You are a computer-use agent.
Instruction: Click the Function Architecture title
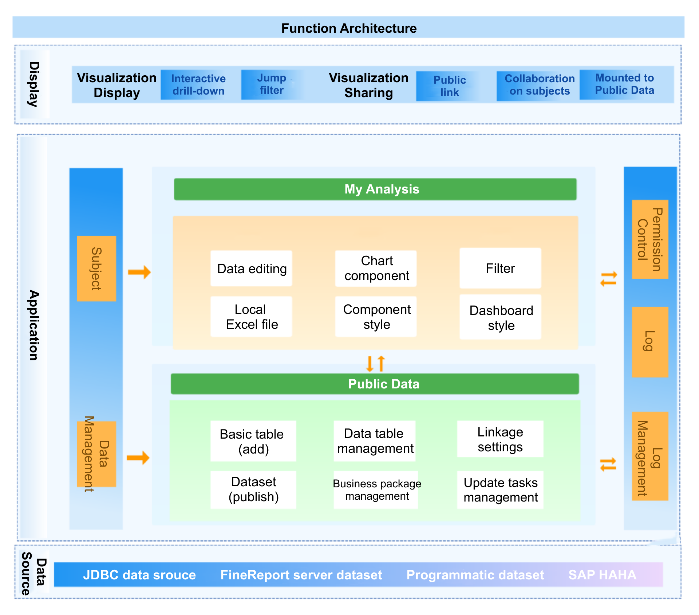coord(349,28)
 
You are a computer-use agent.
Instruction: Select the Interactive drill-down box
coord(198,85)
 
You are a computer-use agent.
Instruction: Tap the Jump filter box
coord(272,84)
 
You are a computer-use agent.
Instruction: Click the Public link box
coord(449,86)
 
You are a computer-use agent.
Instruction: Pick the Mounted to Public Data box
coord(624,84)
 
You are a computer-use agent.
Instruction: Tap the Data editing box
coord(251,268)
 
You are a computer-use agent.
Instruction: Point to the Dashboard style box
coord(501,318)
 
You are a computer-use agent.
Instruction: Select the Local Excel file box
coord(251,317)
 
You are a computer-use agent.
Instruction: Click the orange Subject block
coord(96,268)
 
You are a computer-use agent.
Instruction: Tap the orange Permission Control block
coord(650,239)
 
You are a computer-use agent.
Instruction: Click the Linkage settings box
coord(500,439)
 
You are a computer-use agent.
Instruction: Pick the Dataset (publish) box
coord(253,490)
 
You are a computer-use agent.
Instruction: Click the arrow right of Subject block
coord(139,272)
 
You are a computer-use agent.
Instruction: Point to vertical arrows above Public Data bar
coord(375,363)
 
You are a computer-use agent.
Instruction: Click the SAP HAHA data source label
coord(602,575)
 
